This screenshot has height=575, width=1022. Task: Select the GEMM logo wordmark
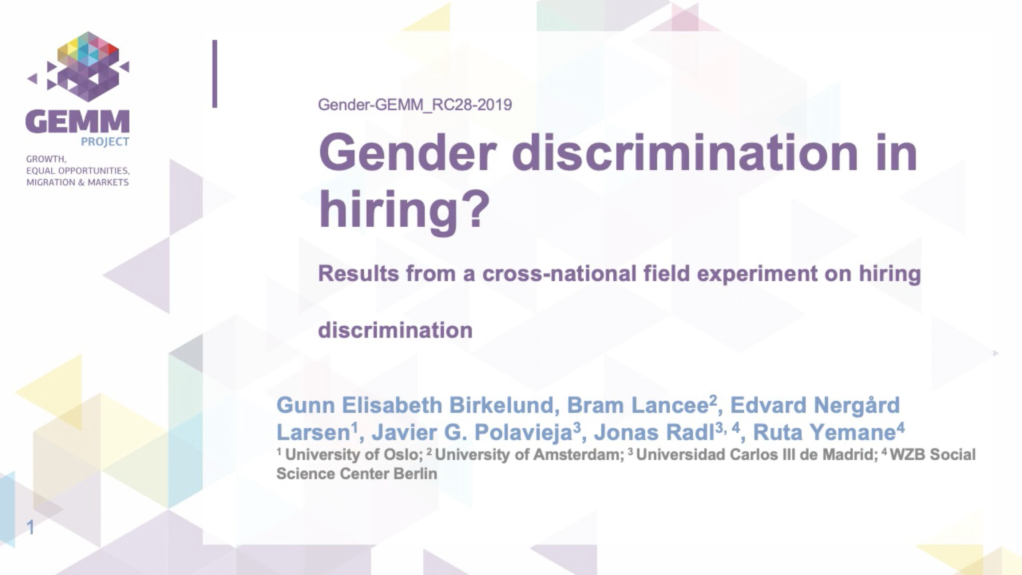77,122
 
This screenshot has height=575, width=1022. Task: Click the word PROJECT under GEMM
105,142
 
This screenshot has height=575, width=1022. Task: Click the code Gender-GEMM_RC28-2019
415,105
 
